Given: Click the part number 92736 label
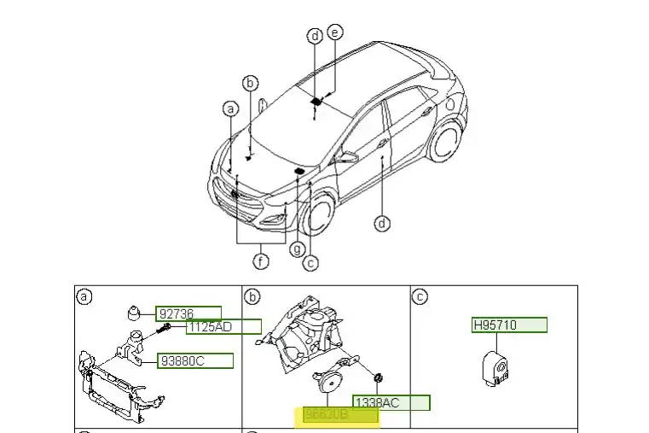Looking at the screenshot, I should (188, 313).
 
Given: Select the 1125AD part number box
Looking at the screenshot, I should (223, 326).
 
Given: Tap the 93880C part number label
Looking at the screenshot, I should (194, 360).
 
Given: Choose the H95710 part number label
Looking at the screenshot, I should (509, 325).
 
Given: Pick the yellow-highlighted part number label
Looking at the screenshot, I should (340, 415).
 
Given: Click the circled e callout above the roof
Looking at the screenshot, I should (334, 32).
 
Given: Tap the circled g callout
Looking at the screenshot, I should (297, 249).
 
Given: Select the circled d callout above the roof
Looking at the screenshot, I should (315, 36).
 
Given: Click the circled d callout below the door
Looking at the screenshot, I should (382, 224).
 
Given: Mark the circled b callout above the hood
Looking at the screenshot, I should (250, 83).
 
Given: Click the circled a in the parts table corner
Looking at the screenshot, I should (84, 296).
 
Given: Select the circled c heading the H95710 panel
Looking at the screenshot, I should (419, 296).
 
